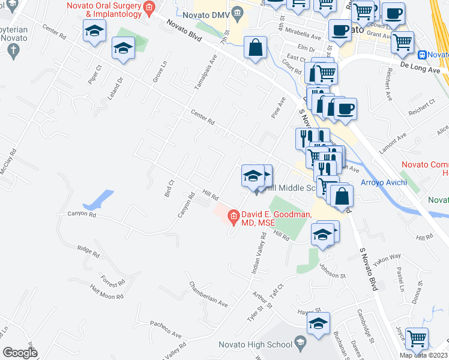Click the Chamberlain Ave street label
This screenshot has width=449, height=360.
(208, 294)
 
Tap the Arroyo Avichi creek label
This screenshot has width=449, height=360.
(384, 182)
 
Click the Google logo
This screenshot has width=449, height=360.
(20, 353)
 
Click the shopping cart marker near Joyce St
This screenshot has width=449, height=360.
(417, 338)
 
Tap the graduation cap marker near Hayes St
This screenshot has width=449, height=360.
(318, 323)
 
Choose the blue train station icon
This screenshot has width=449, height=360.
(423, 55)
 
